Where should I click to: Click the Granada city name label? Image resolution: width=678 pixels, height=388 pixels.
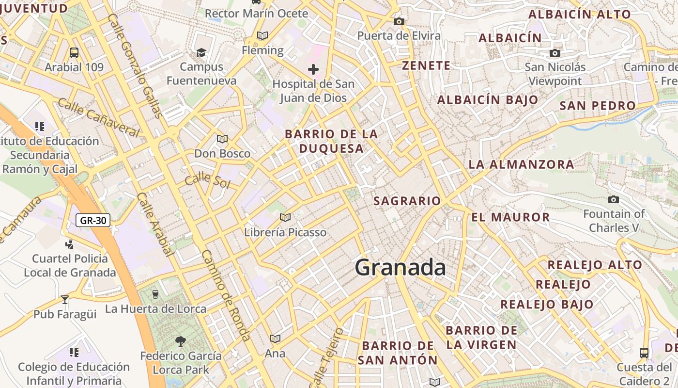click(400, 268)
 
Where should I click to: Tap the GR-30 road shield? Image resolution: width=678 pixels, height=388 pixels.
click(93, 221)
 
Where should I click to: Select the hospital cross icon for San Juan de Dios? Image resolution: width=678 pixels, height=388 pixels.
click(313, 69)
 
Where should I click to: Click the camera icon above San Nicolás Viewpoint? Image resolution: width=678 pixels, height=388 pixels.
click(555, 53)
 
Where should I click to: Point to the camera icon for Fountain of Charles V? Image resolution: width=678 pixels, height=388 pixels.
click(614, 199)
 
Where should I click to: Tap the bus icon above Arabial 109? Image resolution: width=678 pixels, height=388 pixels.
click(74, 53)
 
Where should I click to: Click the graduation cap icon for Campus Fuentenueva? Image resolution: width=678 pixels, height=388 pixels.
click(201, 52)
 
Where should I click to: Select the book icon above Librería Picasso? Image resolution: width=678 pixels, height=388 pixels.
click(285, 218)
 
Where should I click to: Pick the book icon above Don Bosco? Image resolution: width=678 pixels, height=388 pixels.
click(222, 139)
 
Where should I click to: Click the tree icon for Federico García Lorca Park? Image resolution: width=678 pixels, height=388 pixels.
click(181, 341)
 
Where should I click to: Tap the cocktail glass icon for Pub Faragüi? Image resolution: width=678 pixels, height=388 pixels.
click(65, 299)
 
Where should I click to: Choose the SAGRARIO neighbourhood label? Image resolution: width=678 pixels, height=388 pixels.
click(407, 201)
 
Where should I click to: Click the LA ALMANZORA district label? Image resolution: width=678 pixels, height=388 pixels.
click(521, 164)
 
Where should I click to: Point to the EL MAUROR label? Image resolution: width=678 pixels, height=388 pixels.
click(510, 217)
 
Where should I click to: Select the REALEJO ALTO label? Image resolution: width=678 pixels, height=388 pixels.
click(595, 265)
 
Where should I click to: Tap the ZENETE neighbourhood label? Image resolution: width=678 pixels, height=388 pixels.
click(426, 65)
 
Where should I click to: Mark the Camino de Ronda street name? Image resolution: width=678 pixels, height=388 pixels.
click(226, 296)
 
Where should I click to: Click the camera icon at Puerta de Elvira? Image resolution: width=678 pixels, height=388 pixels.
click(399, 21)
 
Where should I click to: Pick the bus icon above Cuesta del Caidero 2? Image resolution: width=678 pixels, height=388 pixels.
click(644, 353)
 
